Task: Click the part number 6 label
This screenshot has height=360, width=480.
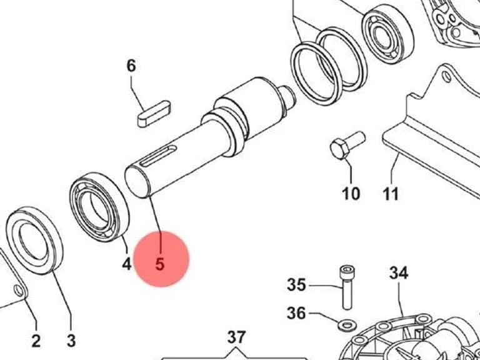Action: point(131,66)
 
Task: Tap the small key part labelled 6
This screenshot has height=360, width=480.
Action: point(154,114)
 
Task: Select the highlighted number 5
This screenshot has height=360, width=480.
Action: point(160,264)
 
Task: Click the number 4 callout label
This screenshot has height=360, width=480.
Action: point(127,264)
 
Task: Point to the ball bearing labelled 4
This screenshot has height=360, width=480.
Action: point(99,207)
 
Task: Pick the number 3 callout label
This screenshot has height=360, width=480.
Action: point(71,341)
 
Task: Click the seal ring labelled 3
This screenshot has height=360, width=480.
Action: point(34,240)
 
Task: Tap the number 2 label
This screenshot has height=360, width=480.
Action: point(36,341)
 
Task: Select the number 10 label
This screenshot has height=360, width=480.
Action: point(351,194)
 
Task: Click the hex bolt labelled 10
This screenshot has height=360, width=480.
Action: point(347,146)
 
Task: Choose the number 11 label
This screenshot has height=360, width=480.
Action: point(391,194)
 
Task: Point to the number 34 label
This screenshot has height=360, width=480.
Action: point(399,272)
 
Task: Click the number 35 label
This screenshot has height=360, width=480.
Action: point(296,285)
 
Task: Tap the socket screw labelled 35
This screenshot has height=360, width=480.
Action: point(347,287)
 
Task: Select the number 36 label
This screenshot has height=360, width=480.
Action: point(296,313)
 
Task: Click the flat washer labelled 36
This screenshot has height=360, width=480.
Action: point(347,325)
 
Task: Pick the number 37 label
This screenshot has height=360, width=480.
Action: point(236,337)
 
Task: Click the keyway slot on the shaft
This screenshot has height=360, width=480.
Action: point(158,156)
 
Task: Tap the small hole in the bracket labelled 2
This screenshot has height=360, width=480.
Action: point(19,290)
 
